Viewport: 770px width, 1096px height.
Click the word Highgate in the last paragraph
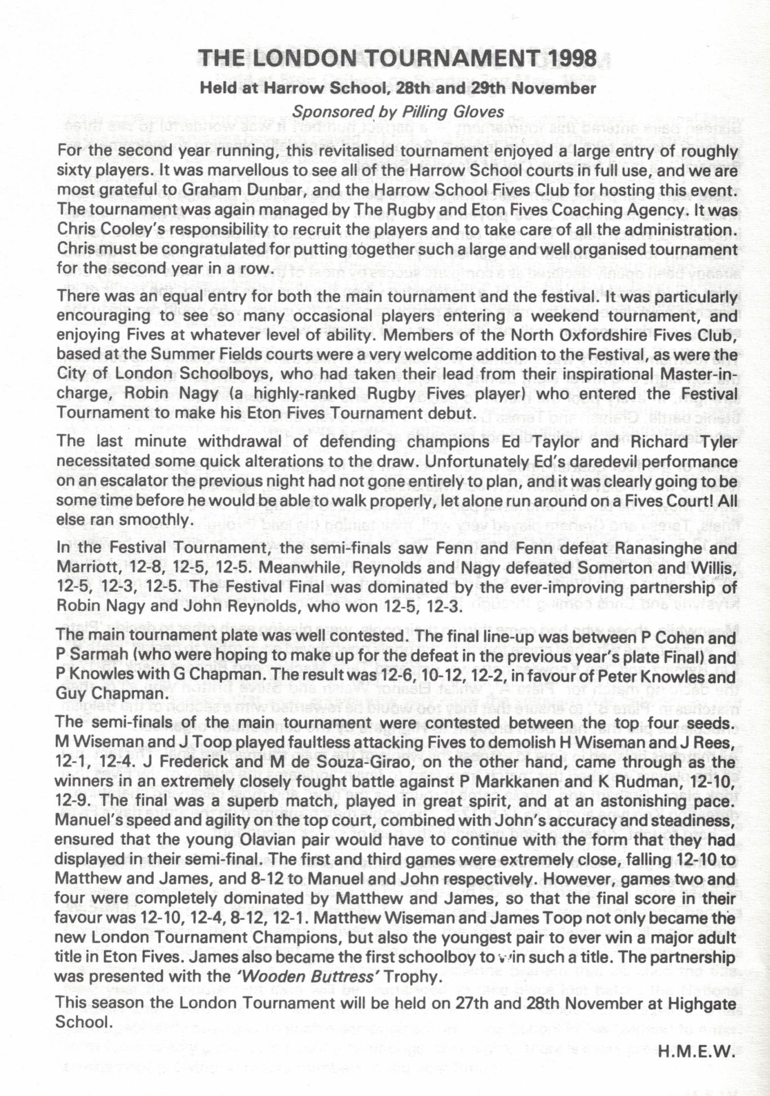[x=695, y=1003]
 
